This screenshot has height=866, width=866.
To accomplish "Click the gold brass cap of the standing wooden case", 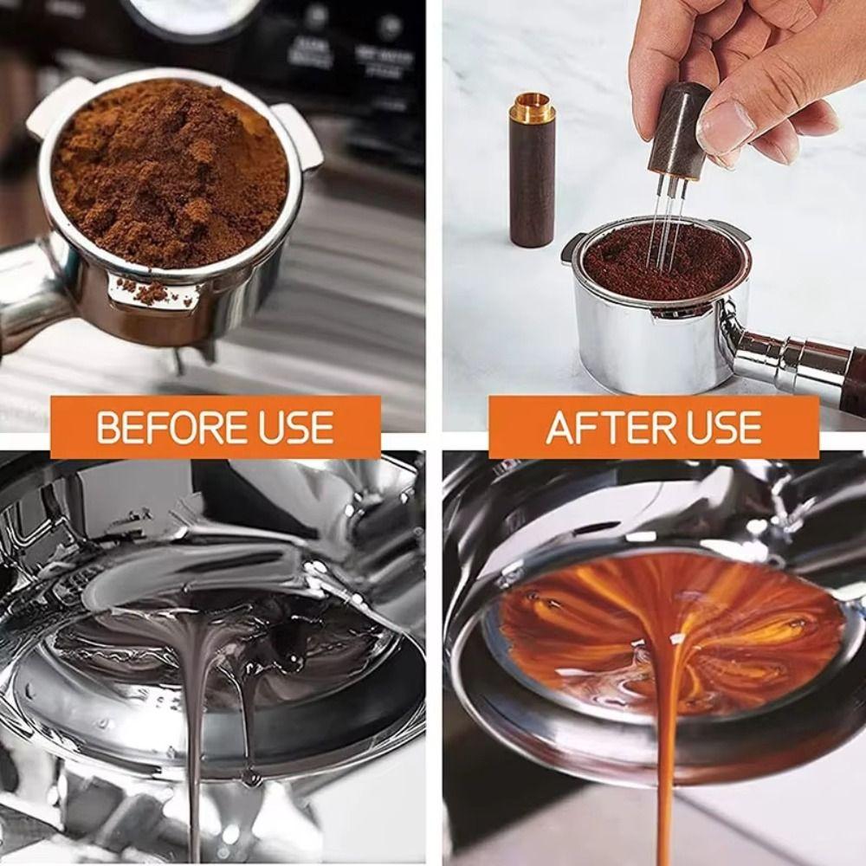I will point(530,109).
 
